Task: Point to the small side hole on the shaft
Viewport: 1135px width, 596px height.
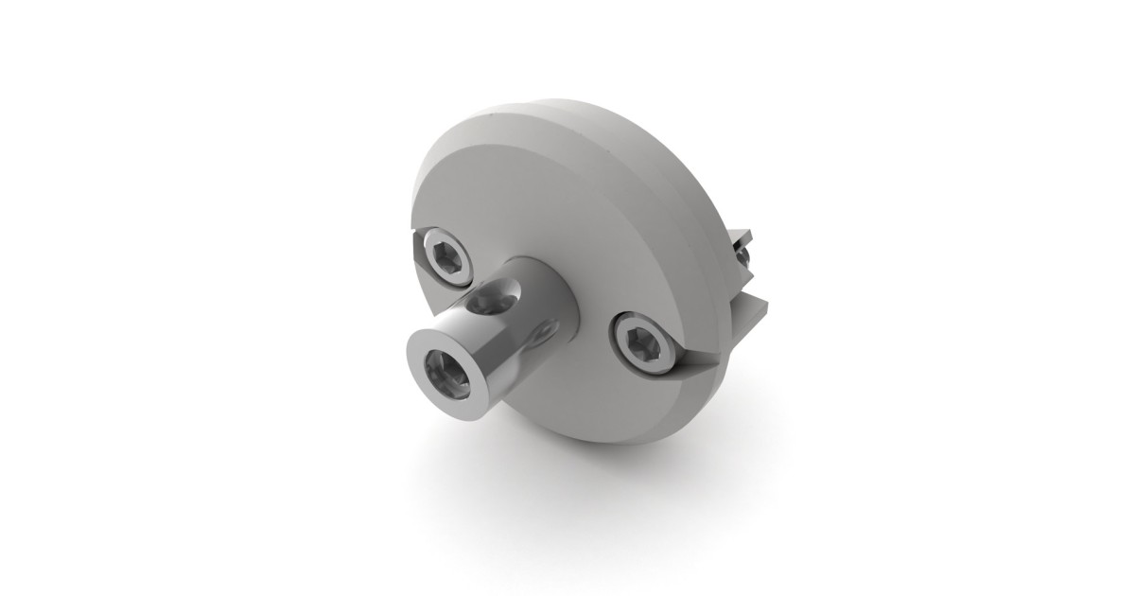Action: (542, 332)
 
